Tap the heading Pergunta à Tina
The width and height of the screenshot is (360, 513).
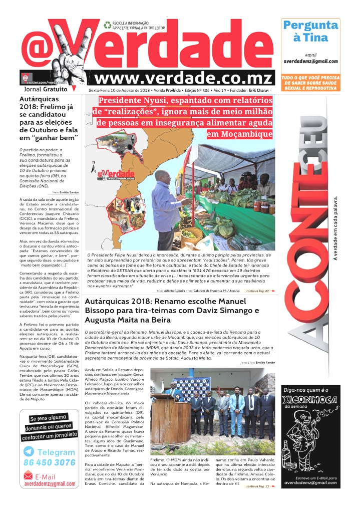tap(311, 31)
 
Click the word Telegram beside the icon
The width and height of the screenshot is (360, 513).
tap(56, 452)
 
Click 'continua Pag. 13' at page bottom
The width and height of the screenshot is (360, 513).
tap(258, 486)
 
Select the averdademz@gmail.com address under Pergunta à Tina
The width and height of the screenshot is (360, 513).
tap(310, 61)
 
